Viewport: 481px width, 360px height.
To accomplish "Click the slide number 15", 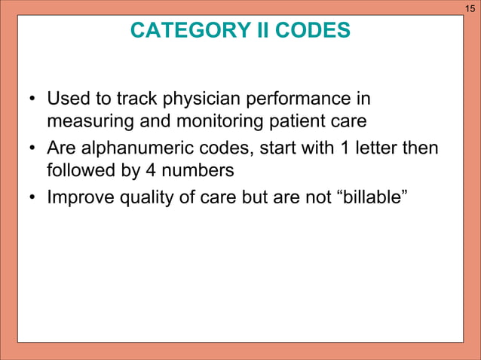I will pos(470,8).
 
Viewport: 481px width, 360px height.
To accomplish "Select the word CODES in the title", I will pos(312,31).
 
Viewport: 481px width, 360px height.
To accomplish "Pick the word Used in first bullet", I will pos(66,99).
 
